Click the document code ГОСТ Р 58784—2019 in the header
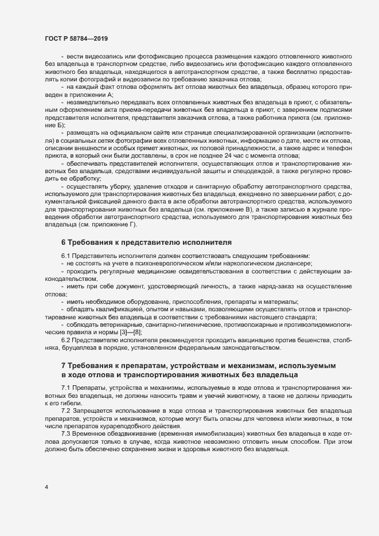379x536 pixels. pos(75,39)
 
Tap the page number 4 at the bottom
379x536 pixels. pos(46,487)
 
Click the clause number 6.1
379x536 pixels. pos(66,255)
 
